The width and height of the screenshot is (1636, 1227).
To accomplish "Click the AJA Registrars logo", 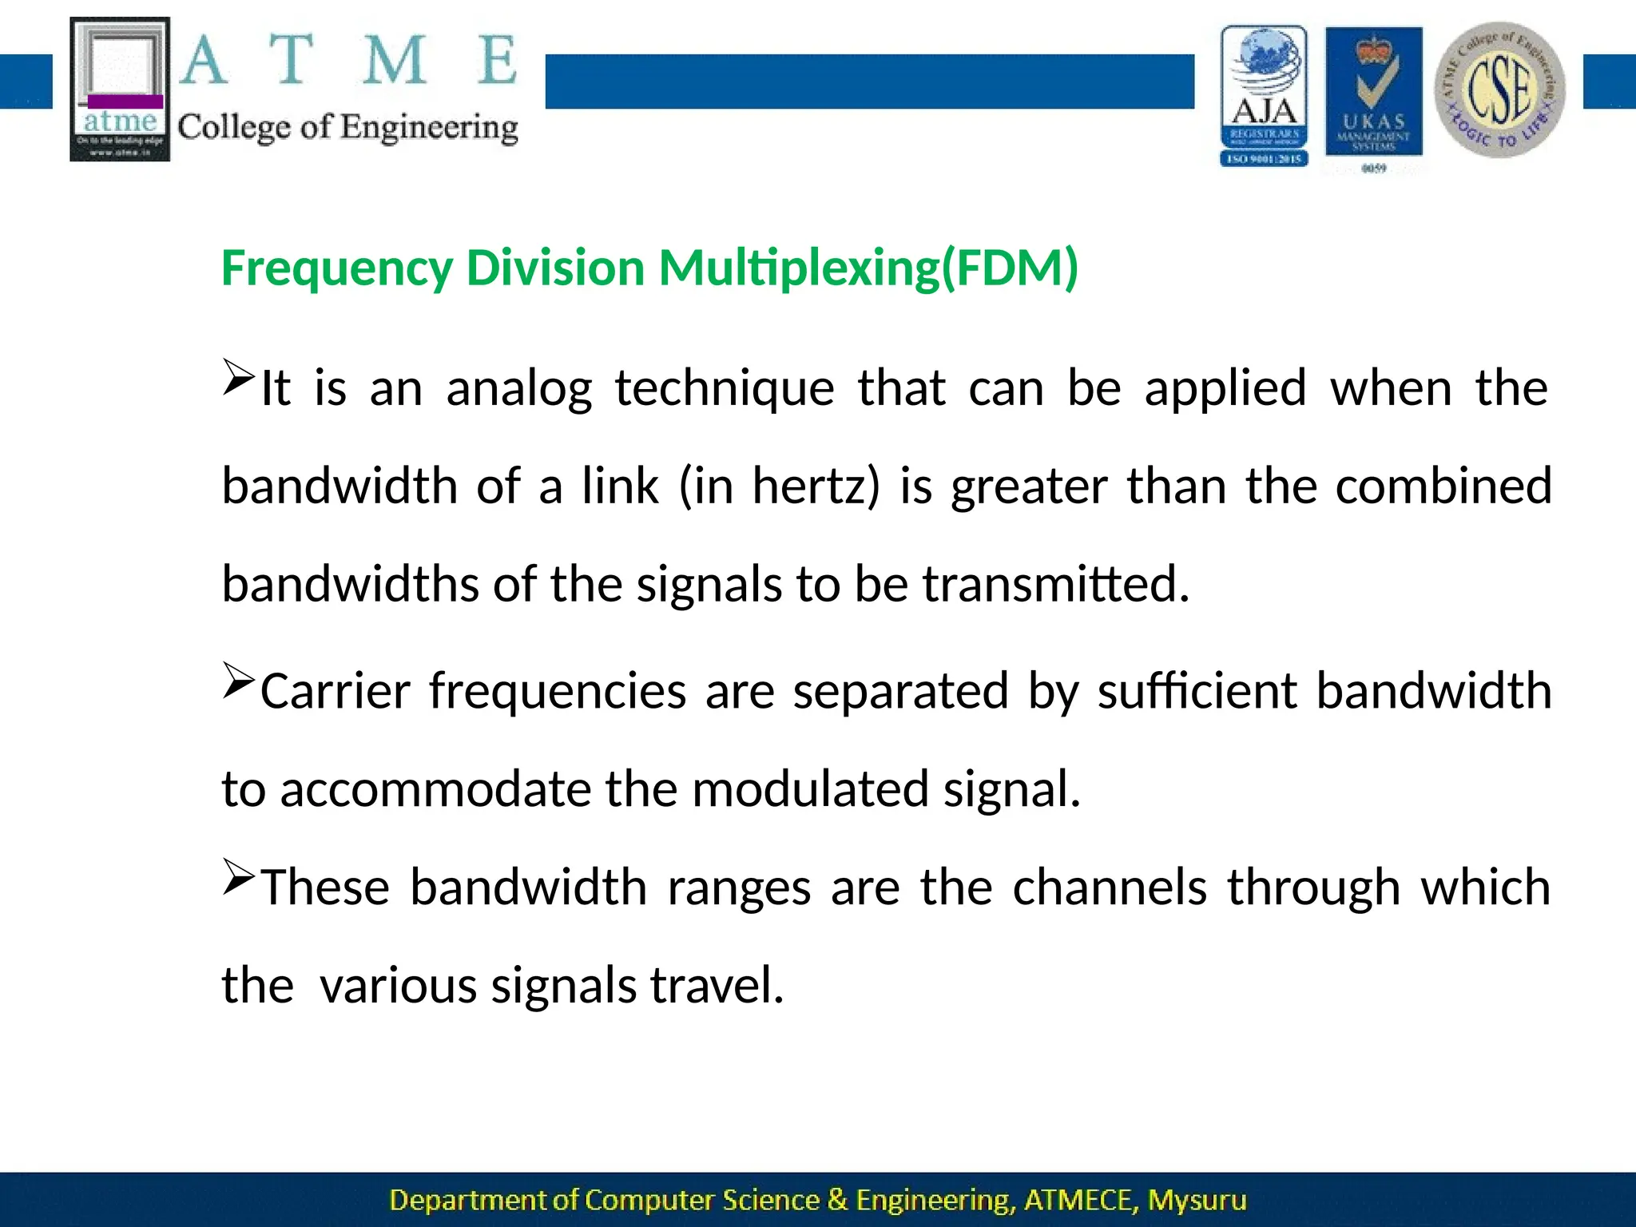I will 1264,96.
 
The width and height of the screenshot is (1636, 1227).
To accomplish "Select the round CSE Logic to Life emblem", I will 1499,89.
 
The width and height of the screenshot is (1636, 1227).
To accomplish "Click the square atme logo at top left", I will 120,89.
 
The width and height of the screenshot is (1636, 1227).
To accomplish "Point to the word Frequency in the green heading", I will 336,268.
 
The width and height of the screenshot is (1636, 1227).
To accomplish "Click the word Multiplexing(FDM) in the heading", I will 868,268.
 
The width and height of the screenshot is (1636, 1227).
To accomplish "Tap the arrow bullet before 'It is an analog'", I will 237,377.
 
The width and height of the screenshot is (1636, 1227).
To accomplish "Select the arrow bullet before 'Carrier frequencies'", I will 237,680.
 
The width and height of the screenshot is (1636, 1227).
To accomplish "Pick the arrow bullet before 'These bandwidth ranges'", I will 237,876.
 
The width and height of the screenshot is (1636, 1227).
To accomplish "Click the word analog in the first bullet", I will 518,390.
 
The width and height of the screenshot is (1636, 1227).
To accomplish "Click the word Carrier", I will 335,691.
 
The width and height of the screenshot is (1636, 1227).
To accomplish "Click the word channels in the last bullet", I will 1110,887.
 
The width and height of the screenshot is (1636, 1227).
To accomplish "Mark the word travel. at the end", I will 717,985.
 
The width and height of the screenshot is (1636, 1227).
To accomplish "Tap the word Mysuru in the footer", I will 1196,1200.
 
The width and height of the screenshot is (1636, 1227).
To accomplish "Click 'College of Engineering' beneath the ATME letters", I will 347,128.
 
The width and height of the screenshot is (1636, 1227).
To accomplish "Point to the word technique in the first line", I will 724,390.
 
